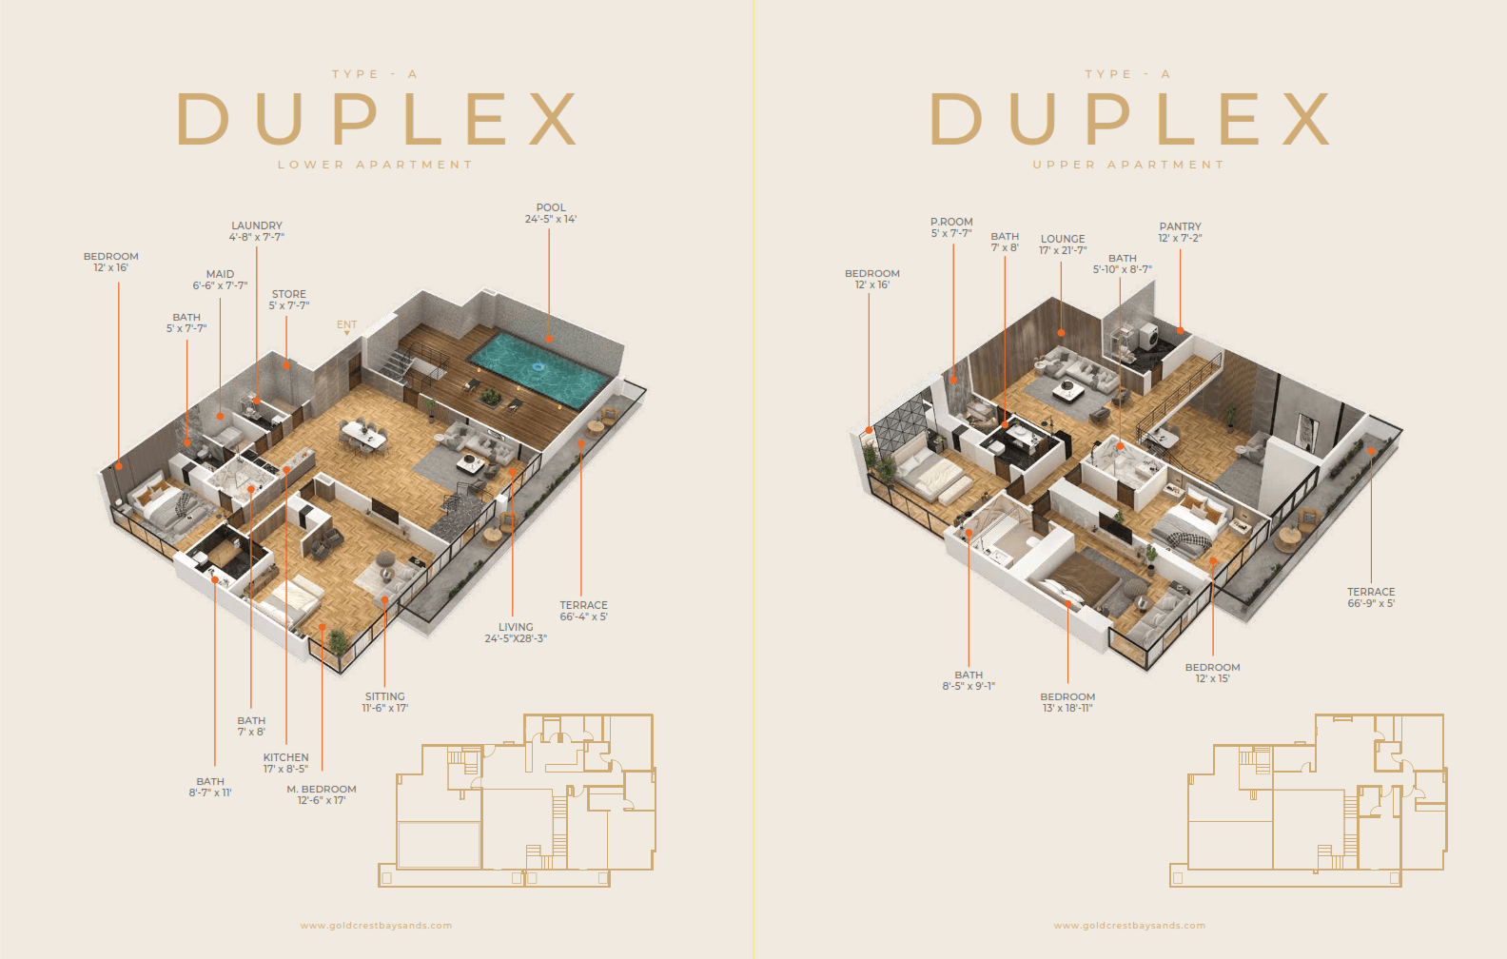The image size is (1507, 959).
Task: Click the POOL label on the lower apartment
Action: [550, 207]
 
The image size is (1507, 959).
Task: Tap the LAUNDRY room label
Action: [256, 225]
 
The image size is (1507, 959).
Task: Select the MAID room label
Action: [220, 274]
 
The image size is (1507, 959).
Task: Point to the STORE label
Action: [288, 294]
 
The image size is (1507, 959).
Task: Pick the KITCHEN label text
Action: [286, 757]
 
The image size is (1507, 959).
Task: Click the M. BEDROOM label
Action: [322, 789]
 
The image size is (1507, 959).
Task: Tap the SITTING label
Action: [384, 696]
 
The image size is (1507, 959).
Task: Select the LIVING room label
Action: [516, 627]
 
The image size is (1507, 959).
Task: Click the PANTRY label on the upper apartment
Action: [1180, 226]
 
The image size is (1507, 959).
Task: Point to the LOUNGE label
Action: [1063, 239]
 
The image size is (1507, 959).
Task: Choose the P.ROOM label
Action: [951, 222]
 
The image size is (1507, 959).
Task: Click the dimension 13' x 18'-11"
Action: [1067, 708]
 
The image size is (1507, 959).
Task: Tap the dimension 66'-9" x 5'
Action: [1370, 603]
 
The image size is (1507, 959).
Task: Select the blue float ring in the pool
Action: [538, 367]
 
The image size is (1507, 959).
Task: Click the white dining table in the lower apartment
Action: [364, 435]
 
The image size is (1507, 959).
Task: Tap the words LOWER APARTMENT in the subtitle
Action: [376, 165]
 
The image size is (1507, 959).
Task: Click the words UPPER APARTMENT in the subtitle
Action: [1128, 165]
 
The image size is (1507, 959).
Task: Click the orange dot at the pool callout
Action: [549, 340]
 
